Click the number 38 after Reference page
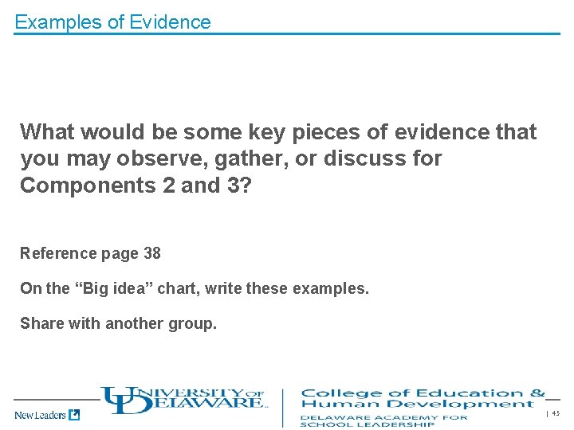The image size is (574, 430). [151, 253]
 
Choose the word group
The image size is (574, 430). [196, 323]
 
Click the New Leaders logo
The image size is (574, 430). [47, 414]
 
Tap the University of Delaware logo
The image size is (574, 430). [183, 398]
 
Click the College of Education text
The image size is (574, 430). [423, 393]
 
